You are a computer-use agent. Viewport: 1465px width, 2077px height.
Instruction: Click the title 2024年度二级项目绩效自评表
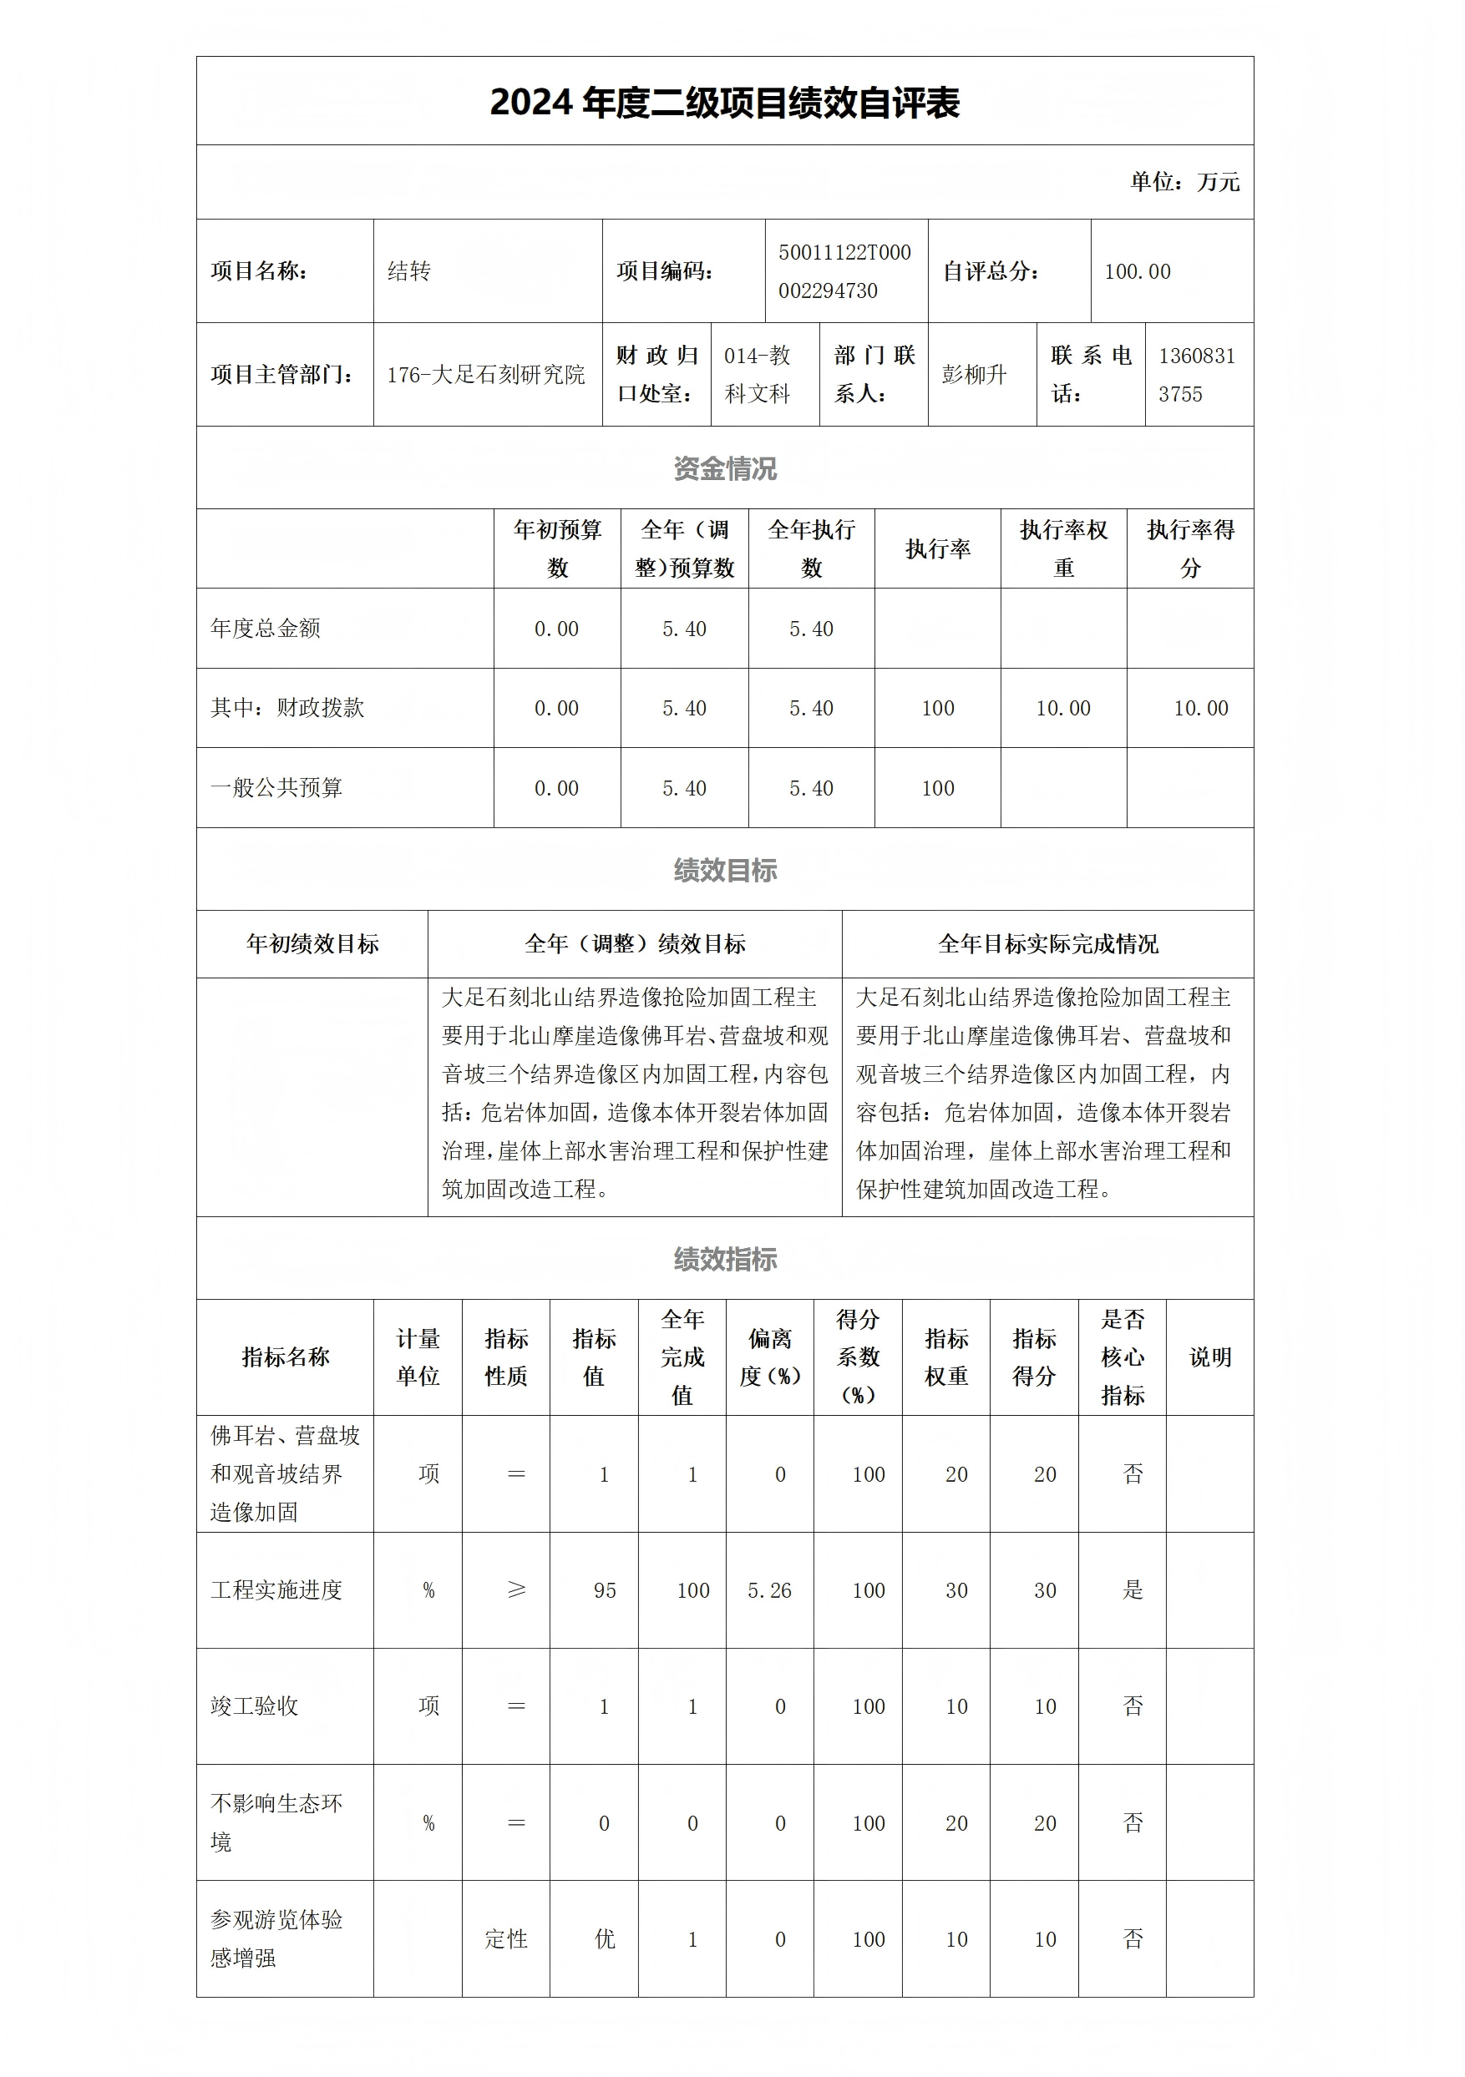tap(724, 102)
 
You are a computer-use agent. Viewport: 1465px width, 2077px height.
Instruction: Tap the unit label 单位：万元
tap(1184, 182)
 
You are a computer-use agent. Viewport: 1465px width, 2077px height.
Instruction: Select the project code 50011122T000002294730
tap(844, 271)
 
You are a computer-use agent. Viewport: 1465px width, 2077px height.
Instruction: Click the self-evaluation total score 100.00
tap(1137, 271)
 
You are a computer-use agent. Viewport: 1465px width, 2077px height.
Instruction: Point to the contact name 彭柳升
tap(974, 375)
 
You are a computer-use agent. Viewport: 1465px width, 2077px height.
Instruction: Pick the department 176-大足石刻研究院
tap(486, 375)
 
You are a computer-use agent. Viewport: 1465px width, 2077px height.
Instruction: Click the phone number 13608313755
tap(1196, 375)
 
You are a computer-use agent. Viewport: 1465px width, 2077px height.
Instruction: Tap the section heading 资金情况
tap(725, 468)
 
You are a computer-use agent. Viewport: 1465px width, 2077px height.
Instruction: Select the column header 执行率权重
tap(1063, 548)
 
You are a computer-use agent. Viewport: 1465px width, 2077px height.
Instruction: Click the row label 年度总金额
tap(265, 629)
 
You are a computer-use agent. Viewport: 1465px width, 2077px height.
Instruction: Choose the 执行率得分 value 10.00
tap(1200, 708)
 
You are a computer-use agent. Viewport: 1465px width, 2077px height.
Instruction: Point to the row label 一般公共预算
tap(276, 788)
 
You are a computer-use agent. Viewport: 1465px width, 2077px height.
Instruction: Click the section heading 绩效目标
tap(725, 870)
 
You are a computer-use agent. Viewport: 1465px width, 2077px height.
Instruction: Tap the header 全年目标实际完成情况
tap(1048, 944)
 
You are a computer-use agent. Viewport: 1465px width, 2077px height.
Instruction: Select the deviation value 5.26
tap(769, 1590)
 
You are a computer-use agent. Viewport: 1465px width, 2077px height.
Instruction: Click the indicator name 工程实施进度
tap(276, 1590)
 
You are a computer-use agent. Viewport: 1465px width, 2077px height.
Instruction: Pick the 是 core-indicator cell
tap(1132, 1590)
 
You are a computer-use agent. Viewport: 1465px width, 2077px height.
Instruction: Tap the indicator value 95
tap(605, 1590)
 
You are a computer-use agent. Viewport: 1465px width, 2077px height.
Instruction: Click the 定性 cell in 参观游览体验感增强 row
tap(506, 1938)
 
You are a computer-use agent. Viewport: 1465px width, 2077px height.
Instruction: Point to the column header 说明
tap(1209, 1357)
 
